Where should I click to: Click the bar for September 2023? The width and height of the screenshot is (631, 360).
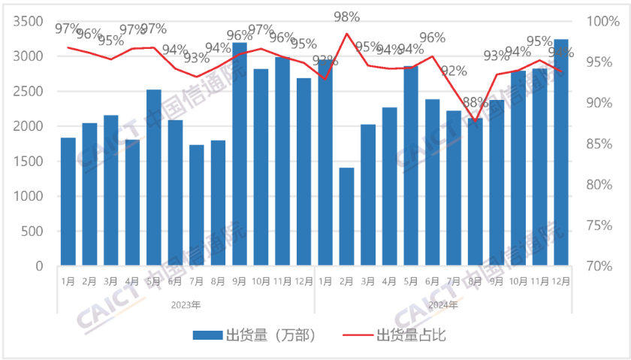240,154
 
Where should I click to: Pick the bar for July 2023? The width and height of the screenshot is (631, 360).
197,205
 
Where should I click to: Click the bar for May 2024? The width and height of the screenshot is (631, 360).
411,166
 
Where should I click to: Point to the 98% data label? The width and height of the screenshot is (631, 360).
346,17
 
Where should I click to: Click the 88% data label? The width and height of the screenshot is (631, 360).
474,103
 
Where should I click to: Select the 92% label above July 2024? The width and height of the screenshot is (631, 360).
453,72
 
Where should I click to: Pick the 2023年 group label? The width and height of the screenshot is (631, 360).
186,305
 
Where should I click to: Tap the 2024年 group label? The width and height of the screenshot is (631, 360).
442,305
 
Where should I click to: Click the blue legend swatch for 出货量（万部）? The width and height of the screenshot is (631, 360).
207,335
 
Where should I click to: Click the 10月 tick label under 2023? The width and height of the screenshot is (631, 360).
261,282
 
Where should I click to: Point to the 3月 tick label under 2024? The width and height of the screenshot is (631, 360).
368,282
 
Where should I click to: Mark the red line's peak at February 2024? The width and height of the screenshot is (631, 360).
346,33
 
